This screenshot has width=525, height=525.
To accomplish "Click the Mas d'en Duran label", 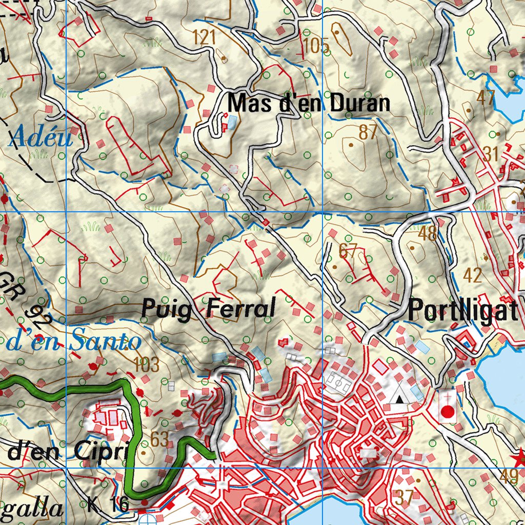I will (x=309, y=104).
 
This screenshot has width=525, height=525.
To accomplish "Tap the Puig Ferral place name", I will (x=208, y=309).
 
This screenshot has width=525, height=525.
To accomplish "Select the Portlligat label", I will (x=463, y=311).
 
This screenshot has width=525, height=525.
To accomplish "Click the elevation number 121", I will (x=205, y=37).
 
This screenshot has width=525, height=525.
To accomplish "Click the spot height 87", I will (x=368, y=133).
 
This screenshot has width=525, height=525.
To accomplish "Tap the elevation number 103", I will (x=146, y=365).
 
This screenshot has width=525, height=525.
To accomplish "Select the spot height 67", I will (x=348, y=251).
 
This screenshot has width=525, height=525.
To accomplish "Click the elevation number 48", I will (x=428, y=234).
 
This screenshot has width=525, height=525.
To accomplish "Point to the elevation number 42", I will (x=472, y=275).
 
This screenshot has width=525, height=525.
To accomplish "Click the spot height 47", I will (x=485, y=97).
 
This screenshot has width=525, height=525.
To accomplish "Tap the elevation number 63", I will (x=160, y=439).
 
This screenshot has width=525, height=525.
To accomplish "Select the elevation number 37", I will (x=405, y=496).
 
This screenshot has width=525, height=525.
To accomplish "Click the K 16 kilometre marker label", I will (x=109, y=504).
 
